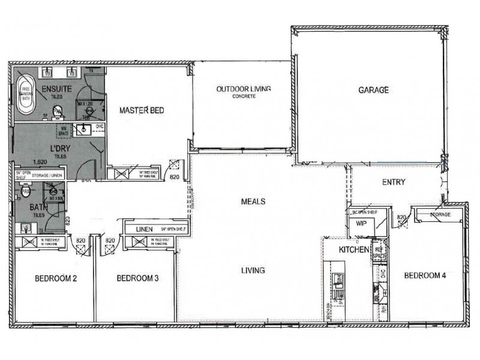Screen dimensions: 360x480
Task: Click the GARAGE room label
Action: (374, 90)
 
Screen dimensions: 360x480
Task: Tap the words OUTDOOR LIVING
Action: (244, 89)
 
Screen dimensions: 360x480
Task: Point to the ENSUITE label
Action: (57, 89)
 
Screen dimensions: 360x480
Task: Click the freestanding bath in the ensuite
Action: (26, 95)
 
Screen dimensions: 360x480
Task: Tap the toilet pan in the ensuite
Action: (58, 111)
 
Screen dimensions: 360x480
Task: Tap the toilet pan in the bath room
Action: (26, 191)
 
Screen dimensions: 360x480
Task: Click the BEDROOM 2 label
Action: (55, 278)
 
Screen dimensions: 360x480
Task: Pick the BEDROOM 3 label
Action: (137, 278)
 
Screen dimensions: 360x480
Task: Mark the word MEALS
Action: (254, 202)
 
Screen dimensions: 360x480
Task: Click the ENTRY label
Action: (394, 182)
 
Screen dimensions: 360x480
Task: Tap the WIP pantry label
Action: (361, 223)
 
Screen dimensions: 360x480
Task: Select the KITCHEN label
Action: (352, 249)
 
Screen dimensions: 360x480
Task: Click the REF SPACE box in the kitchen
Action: (379, 252)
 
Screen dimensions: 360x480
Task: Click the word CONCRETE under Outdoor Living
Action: (244, 97)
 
